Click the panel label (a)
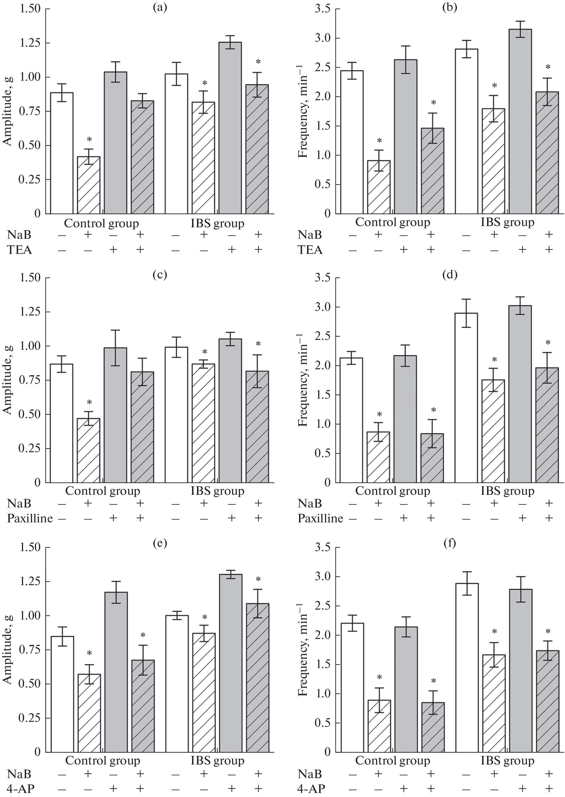(x=160, y=7)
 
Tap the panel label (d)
(x=450, y=275)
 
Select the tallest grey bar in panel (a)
(x=230, y=128)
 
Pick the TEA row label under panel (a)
(x=20, y=250)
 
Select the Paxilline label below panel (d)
(x=320, y=518)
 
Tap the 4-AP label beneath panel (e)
(x=21, y=788)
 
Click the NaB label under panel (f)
(x=310, y=774)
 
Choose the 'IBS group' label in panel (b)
(x=507, y=222)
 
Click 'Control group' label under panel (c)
(x=103, y=491)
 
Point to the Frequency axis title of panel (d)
(x=303, y=380)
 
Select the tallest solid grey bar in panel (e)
(x=231, y=663)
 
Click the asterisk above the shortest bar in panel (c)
(x=89, y=402)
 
